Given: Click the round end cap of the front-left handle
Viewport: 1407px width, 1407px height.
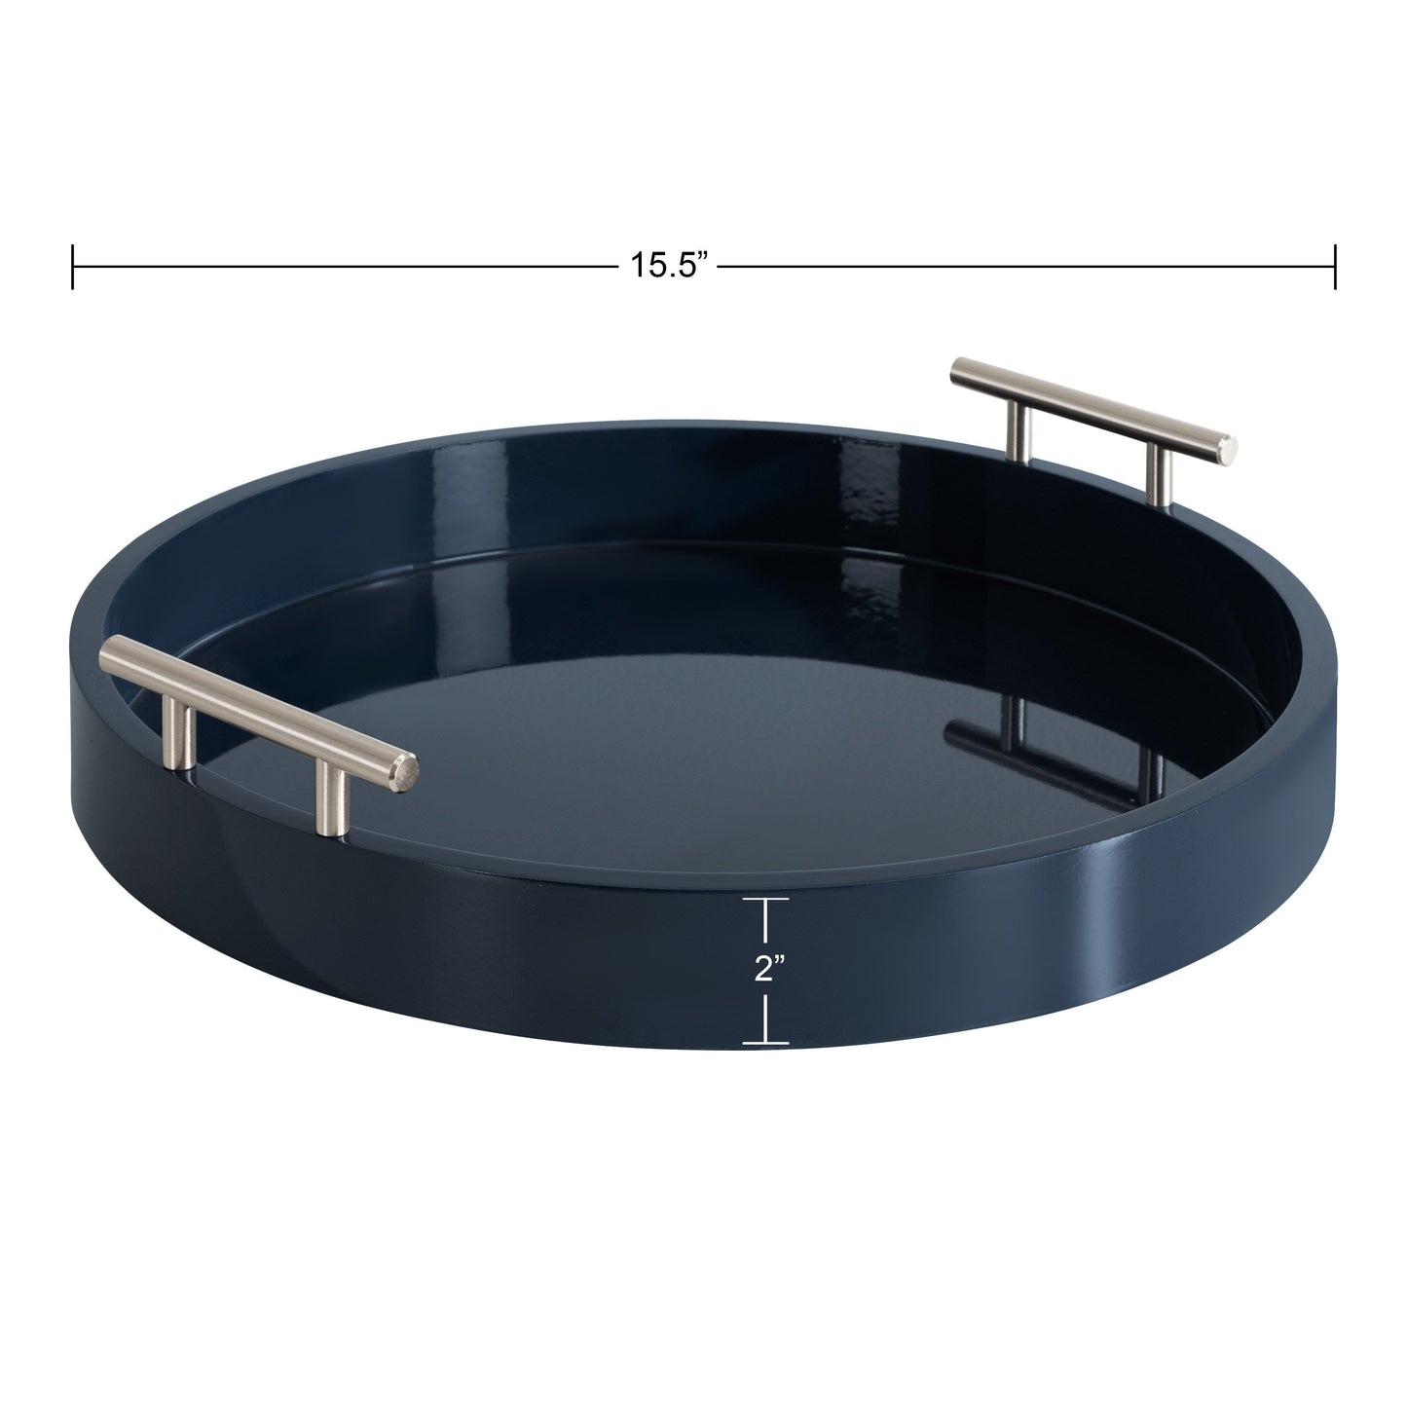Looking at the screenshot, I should tap(408, 774).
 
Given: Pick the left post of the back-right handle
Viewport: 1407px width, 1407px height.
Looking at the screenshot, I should tap(1018, 428).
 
